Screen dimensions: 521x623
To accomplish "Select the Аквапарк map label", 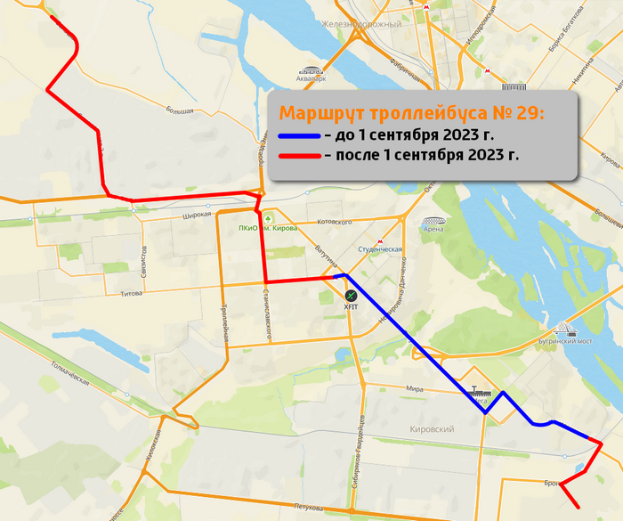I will coord(310,78).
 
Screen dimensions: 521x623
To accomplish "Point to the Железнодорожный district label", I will coord(362,24).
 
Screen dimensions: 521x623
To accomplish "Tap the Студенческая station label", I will coord(380,249).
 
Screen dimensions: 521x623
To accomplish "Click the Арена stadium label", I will coord(433,229).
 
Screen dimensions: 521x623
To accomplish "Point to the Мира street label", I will coord(413,389).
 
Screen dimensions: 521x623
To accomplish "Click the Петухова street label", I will coord(308,509).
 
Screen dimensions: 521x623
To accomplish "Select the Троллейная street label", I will coord(226,324).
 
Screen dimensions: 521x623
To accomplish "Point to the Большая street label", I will coord(179,110).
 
